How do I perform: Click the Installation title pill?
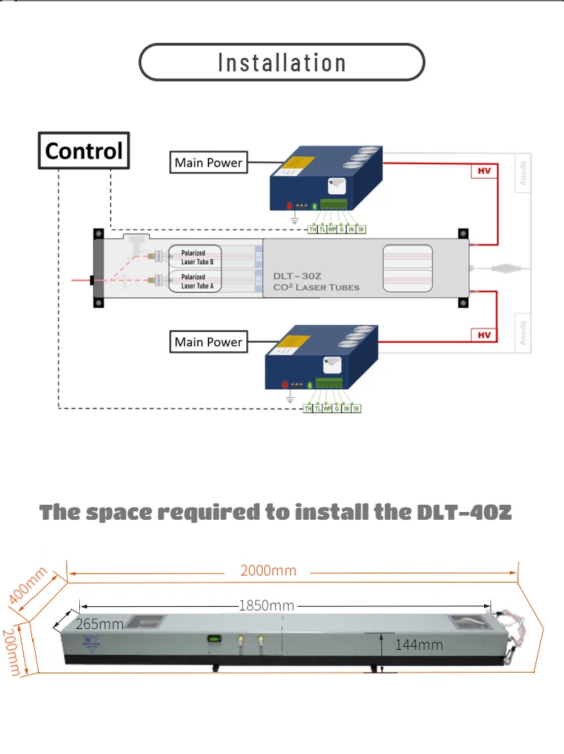tap(281, 62)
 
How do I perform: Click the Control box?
tap(84, 151)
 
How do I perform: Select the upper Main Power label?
tap(208, 163)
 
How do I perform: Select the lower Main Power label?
tap(208, 342)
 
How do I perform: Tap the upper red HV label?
tap(483, 171)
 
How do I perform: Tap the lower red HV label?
tap(483, 335)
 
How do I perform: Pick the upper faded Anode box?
tap(523, 174)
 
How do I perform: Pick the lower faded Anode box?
tap(523, 333)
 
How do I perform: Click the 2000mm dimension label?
tap(268, 570)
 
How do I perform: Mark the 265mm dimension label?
tap(99, 624)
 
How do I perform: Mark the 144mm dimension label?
tap(418, 645)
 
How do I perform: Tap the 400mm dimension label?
tap(28, 585)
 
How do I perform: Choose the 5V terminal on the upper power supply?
tap(361, 229)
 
